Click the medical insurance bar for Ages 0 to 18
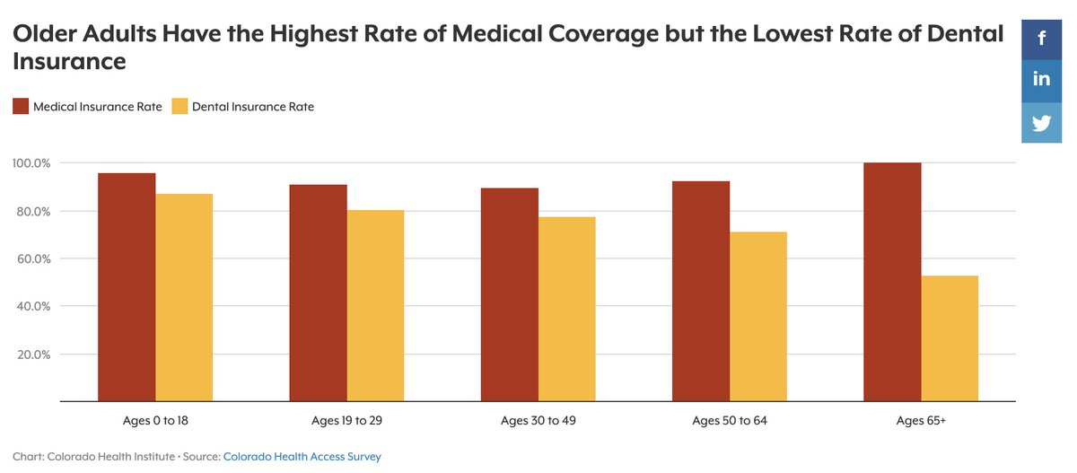(x=127, y=286)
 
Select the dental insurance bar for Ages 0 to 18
(x=184, y=297)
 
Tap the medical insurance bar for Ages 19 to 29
(x=318, y=292)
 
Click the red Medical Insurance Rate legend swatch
(x=21, y=107)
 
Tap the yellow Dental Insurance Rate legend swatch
(x=179, y=107)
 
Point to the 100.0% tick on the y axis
(x=31, y=163)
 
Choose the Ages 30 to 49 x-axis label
(x=538, y=420)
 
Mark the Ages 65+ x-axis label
(x=921, y=420)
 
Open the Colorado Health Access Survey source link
(x=302, y=457)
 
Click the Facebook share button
(x=1041, y=39)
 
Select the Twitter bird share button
(x=1041, y=123)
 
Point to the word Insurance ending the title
(x=69, y=62)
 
